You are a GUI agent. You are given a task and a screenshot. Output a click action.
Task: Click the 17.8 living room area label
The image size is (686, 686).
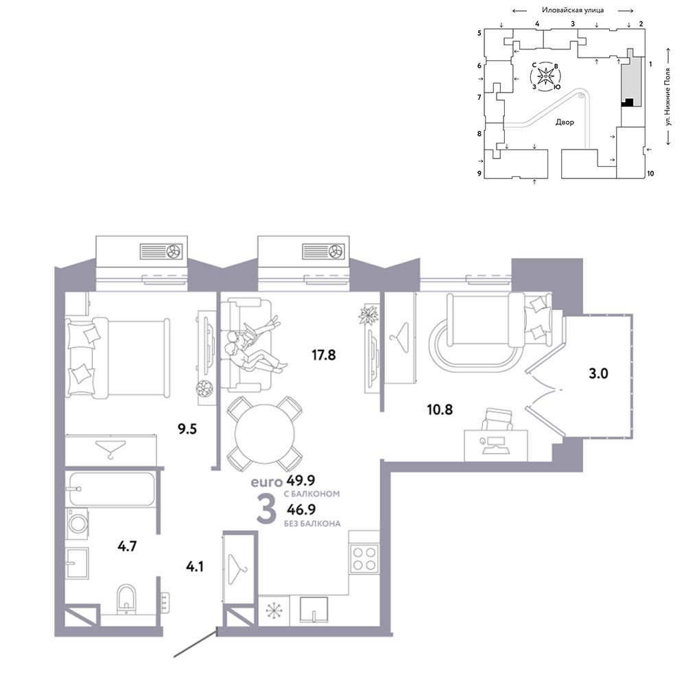point(323,355)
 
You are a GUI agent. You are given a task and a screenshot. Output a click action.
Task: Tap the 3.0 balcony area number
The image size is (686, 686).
point(598,374)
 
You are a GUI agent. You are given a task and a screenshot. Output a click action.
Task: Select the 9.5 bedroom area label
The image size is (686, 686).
point(187,429)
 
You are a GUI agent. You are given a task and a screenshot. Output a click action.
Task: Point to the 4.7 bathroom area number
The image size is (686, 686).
point(127,546)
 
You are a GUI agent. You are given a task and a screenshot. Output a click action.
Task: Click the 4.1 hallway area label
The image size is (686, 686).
point(194,567)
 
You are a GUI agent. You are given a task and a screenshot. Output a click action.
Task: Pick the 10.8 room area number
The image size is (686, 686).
point(440,410)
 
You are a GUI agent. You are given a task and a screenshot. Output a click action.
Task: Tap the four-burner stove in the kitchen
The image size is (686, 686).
point(364,558)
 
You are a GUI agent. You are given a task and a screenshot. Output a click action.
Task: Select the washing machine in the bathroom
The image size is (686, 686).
point(77,523)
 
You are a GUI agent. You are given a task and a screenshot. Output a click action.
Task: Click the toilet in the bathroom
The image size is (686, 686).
point(126,599)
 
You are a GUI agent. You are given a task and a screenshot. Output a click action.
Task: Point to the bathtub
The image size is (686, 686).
point(110,488)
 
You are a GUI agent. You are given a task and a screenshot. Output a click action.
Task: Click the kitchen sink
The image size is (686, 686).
point(314,609)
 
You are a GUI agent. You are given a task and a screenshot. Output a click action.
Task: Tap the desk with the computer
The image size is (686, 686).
point(496,445)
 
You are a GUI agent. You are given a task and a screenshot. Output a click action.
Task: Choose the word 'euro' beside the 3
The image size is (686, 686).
point(266,482)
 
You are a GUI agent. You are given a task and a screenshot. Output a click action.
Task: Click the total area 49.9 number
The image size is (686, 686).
point(300,480)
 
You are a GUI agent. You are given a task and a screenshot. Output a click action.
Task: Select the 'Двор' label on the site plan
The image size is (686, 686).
point(565,122)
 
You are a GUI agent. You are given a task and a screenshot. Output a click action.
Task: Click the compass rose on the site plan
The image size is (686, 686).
point(545,77)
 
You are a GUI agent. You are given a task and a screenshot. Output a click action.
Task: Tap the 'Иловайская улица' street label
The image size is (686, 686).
point(573,10)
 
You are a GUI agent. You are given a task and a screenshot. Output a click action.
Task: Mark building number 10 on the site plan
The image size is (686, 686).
point(650,174)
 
